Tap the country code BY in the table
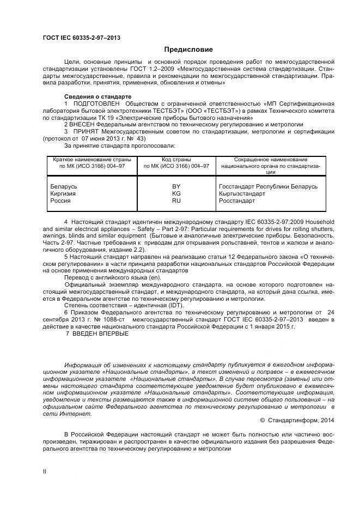point(176,186)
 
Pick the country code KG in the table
point(176,193)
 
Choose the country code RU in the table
point(176,201)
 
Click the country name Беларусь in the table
point(64,186)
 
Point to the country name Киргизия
point(63,193)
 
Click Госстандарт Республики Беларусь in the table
point(267,186)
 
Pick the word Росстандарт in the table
point(237,201)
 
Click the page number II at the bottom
point(44,472)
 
